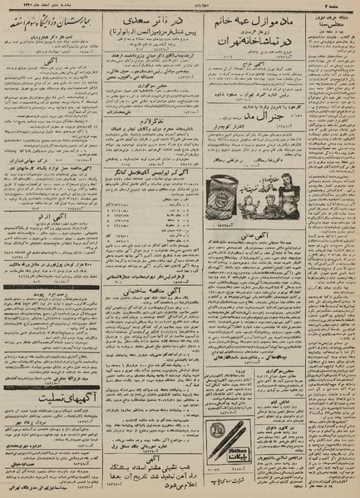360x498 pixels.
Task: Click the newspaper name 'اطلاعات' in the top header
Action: (180, 6)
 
